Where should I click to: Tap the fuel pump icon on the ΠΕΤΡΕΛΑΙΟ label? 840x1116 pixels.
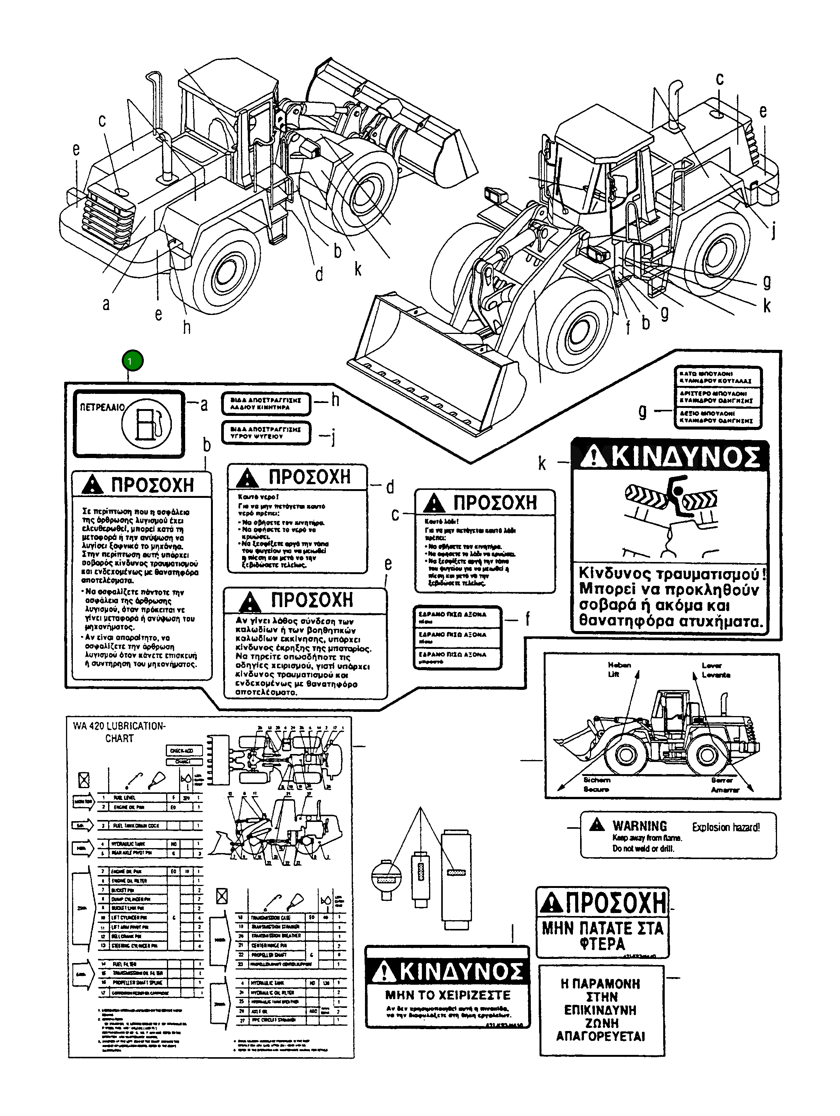(x=146, y=423)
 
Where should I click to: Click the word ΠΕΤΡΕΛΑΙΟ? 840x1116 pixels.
(x=102, y=407)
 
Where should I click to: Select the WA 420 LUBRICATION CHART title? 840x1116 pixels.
(x=119, y=732)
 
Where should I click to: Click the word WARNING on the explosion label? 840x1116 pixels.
(x=639, y=826)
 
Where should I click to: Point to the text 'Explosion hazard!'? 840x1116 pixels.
(x=725, y=827)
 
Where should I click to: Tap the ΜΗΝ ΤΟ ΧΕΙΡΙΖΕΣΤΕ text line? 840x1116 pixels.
(x=447, y=995)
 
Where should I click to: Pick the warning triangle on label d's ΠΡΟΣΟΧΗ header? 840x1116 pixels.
(x=247, y=478)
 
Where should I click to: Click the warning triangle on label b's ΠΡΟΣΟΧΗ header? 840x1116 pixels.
(x=92, y=485)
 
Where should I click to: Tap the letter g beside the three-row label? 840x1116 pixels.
(x=642, y=411)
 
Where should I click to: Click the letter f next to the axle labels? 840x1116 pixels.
(x=528, y=619)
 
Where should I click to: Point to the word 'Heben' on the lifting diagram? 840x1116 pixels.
(x=619, y=665)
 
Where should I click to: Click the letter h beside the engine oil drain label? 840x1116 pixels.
(x=335, y=401)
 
